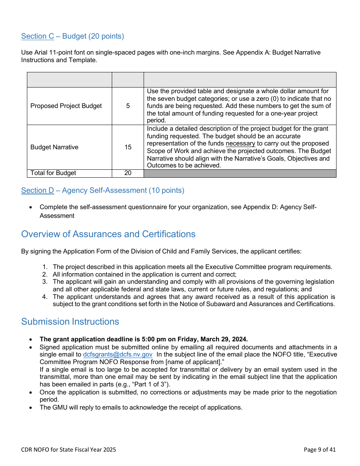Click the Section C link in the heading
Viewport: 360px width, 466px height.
tap(38, 36)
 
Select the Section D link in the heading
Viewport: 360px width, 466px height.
tap(38, 191)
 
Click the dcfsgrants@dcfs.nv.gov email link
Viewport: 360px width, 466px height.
tap(117, 355)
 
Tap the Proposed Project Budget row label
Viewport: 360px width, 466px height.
tap(66, 106)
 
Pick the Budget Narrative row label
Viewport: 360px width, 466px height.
tap(54, 147)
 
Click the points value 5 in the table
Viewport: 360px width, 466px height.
tap(128, 106)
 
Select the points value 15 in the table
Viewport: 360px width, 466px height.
tap(128, 147)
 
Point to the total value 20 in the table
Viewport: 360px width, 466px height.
tap(128, 173)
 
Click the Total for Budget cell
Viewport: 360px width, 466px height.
tap(53, 173)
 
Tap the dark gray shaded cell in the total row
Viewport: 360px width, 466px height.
tap(239, 173)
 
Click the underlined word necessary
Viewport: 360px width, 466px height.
tap(240, 144)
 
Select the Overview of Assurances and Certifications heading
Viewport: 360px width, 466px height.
tap(108, 234)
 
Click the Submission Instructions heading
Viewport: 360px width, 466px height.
tap(70, 322)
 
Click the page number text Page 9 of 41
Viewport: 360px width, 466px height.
tap(319, 450)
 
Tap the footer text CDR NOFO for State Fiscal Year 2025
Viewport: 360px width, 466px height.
tap(69, 450)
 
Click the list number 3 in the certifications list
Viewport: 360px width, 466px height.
tap(45, 282)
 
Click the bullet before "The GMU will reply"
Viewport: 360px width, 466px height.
tap(31, 408)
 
